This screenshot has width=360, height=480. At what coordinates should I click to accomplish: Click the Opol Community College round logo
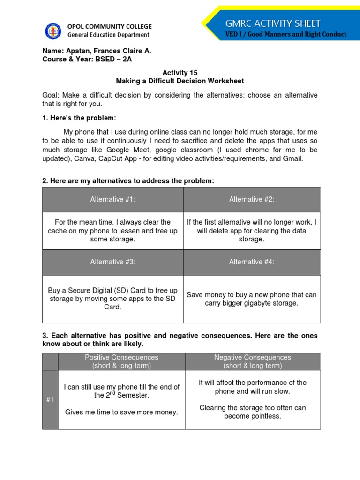53,31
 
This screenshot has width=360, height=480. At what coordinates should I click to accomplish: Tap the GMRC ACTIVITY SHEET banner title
273,23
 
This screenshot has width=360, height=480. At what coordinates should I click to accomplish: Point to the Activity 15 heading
180,73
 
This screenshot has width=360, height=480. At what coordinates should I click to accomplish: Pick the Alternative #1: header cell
113,199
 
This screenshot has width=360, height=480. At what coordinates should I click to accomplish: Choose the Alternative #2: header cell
252,199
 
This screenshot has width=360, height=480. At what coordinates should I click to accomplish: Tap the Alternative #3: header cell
113,262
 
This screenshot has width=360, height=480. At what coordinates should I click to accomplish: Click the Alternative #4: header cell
252,262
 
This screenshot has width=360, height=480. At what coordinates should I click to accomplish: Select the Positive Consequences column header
121,361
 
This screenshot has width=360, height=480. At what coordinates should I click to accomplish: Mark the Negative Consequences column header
253,361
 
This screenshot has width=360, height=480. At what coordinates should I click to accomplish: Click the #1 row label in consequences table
50,399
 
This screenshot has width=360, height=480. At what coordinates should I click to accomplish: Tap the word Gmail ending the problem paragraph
293,158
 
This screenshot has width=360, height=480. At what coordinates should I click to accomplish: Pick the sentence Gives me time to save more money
121,412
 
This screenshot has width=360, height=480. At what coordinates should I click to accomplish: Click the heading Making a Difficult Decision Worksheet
180,81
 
